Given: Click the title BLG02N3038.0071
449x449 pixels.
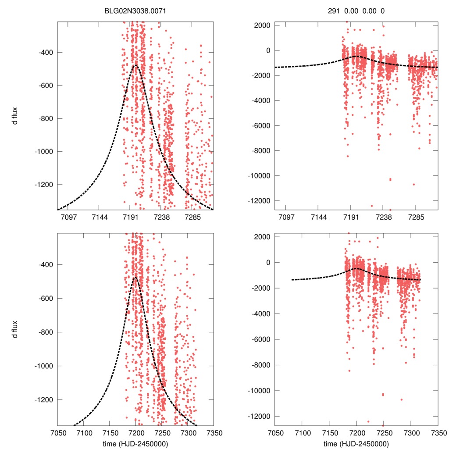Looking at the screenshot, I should coord(135,11).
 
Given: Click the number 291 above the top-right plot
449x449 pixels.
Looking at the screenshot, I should coord(334,11).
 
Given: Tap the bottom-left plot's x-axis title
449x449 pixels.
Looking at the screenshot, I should coord(135,444).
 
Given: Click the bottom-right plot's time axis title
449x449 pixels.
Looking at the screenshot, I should coord(356,444).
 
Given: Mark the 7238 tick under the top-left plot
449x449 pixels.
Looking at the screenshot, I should coord(162,217).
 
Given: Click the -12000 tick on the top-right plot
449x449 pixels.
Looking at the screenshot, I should coord(259,201).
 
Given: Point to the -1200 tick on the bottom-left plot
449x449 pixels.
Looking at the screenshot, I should coord(43,400).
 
